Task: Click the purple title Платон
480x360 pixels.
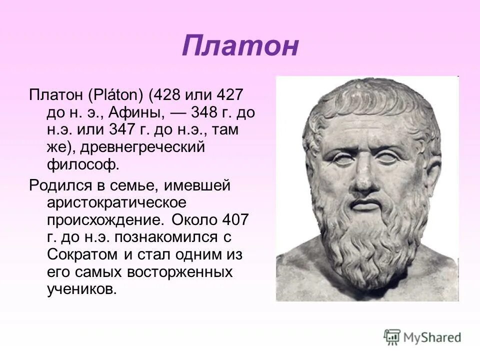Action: (240, 46)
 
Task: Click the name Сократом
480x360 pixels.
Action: (82, 254)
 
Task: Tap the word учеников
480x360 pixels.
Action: (81, 289)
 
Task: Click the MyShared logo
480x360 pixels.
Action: (422, 336)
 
